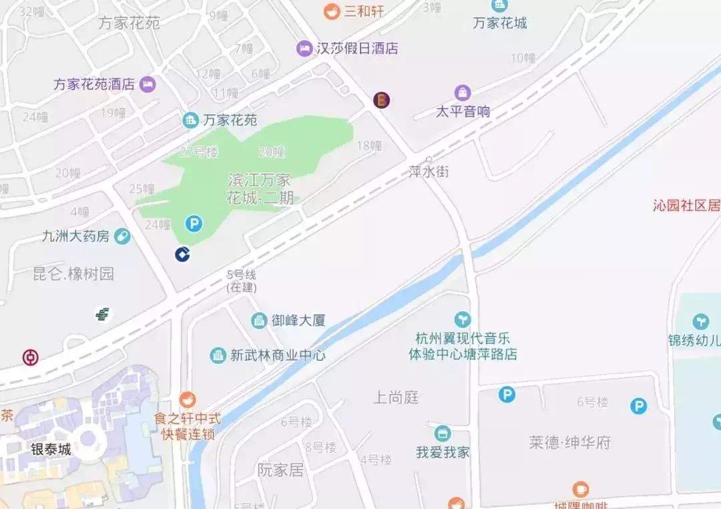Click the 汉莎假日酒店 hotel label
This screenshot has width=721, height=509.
(356, 48)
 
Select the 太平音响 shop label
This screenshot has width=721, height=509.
(463, 112)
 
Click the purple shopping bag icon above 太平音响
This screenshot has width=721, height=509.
(463, 93)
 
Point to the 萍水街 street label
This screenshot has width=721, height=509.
(429, 172)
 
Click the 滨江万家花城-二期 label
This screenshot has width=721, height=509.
(260, 189)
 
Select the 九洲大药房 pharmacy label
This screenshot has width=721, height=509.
(75, 236)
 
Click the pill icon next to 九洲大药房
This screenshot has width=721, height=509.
(122, 236)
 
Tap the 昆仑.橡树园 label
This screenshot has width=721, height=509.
(73, 274)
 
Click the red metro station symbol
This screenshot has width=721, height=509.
(30, 357)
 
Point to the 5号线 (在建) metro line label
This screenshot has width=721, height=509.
(241, 281)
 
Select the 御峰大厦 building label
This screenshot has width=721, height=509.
(298, 321)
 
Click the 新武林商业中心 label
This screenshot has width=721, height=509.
(278, 355)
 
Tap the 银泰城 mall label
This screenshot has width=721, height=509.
(51, 449)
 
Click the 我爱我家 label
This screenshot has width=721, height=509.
(443, 452)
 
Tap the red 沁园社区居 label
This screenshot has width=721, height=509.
(686, 205)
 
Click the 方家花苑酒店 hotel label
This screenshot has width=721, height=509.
(94, 84)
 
